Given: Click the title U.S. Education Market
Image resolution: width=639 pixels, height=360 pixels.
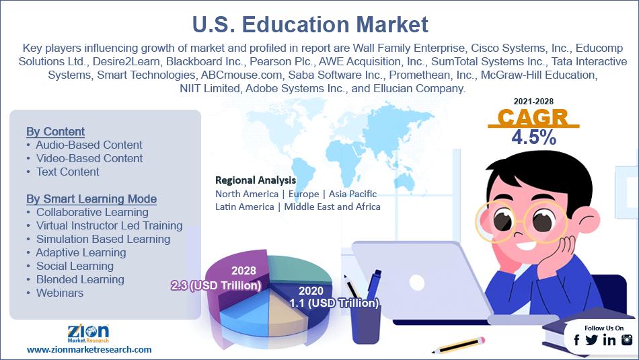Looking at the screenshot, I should coord(319,25).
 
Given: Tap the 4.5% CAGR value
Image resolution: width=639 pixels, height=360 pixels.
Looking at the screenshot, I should coord(533,138).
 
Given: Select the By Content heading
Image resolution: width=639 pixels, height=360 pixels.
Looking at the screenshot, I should coord(55,131).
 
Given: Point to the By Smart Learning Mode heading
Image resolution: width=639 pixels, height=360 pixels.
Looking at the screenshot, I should coord(91,199).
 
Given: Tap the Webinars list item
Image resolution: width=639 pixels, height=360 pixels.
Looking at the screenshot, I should coord(60,293).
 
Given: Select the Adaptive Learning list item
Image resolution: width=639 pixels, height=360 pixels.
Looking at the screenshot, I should coord(81,252).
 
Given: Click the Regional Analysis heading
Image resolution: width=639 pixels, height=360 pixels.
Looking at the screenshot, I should coord(255,180).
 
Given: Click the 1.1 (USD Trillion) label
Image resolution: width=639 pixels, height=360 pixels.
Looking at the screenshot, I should coord(334,303).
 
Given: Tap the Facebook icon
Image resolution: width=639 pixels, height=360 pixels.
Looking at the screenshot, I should coord(576,340).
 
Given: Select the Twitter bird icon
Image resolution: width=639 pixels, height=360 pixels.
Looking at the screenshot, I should coord(592,340).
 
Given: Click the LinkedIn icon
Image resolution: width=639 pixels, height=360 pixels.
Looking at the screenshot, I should coord(609,340).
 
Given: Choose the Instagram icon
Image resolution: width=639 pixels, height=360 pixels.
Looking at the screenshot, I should coord(626,340).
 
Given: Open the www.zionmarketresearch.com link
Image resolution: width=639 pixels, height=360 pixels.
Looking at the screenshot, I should coord(89,349).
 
